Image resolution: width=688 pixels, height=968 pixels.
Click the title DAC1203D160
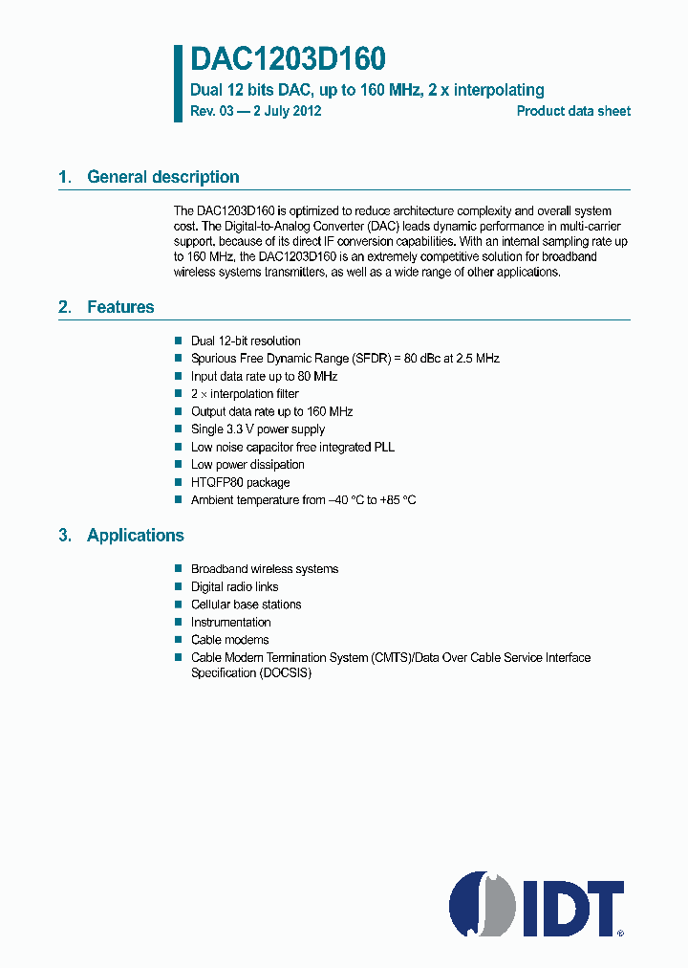click(x=288, y=60)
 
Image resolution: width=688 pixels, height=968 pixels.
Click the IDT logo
click(x=537, y=904)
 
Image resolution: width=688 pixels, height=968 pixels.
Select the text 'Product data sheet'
click(x=573, y=111)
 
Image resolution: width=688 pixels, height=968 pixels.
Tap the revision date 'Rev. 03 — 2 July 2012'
click(x=256, y=111)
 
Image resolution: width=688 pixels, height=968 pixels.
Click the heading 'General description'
click(x=162, y=177)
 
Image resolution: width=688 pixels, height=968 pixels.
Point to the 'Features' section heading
click(x=120, y=307)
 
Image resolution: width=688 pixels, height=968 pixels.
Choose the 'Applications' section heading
click(x=135, y=536)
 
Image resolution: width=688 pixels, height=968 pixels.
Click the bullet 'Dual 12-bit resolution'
click(x=246, y=341)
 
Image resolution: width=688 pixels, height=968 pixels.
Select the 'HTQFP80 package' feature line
click(x=240, y=483)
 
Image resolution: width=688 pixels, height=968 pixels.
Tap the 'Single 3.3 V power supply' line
click(x=258, y=429)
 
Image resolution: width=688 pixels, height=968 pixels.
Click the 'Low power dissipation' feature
click(x=247, y=465)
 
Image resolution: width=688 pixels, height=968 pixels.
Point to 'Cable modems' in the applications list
click(x=229, y=640)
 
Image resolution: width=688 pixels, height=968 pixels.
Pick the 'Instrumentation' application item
click(x=230, y=623)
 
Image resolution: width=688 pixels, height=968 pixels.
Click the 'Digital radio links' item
click(x=234, y=587)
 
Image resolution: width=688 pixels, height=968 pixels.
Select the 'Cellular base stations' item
click(x=246, y=605)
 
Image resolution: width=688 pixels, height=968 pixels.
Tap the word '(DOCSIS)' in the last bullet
click(x=285, y=672)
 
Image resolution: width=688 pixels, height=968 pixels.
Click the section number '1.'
click(x=65, y=177)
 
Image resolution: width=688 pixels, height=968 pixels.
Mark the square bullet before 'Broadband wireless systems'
click(x=178, y=569)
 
